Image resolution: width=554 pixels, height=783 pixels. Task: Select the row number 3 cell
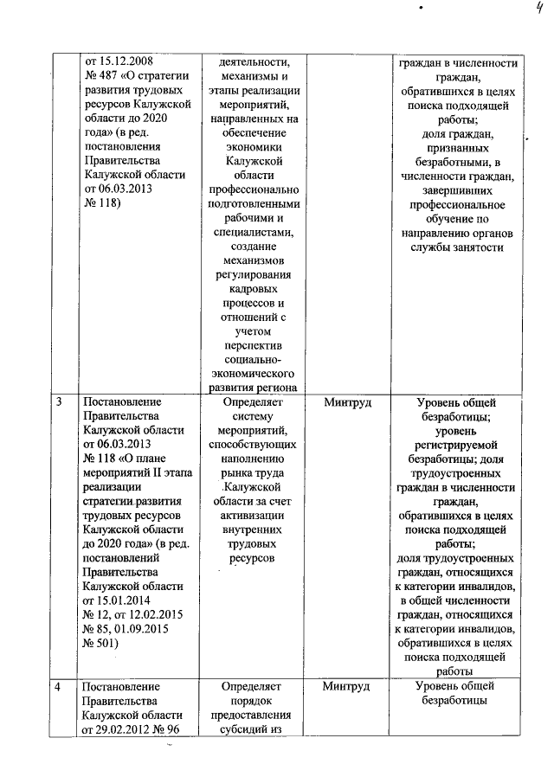(59, 402)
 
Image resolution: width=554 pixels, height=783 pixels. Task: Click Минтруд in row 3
(345, 402)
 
